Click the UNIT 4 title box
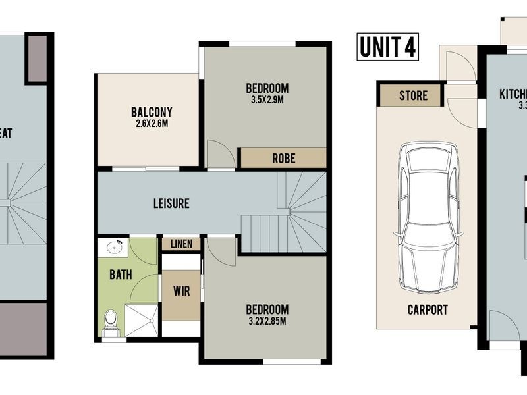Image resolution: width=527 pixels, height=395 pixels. [388, 47]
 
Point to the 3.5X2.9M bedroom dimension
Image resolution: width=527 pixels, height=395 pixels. [267, 100]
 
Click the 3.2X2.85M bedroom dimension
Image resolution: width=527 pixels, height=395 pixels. [267, 321]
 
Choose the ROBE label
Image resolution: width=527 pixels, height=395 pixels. [283, 158]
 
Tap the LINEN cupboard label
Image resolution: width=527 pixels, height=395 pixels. [181, 244]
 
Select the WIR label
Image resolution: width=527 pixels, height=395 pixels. [181, 290]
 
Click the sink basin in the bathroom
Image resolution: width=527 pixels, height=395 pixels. [113, 248]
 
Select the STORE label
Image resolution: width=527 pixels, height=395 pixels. [413, 96]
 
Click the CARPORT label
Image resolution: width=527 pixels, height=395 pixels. [428, 309]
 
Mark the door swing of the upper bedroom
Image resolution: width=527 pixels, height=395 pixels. [219, 155]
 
